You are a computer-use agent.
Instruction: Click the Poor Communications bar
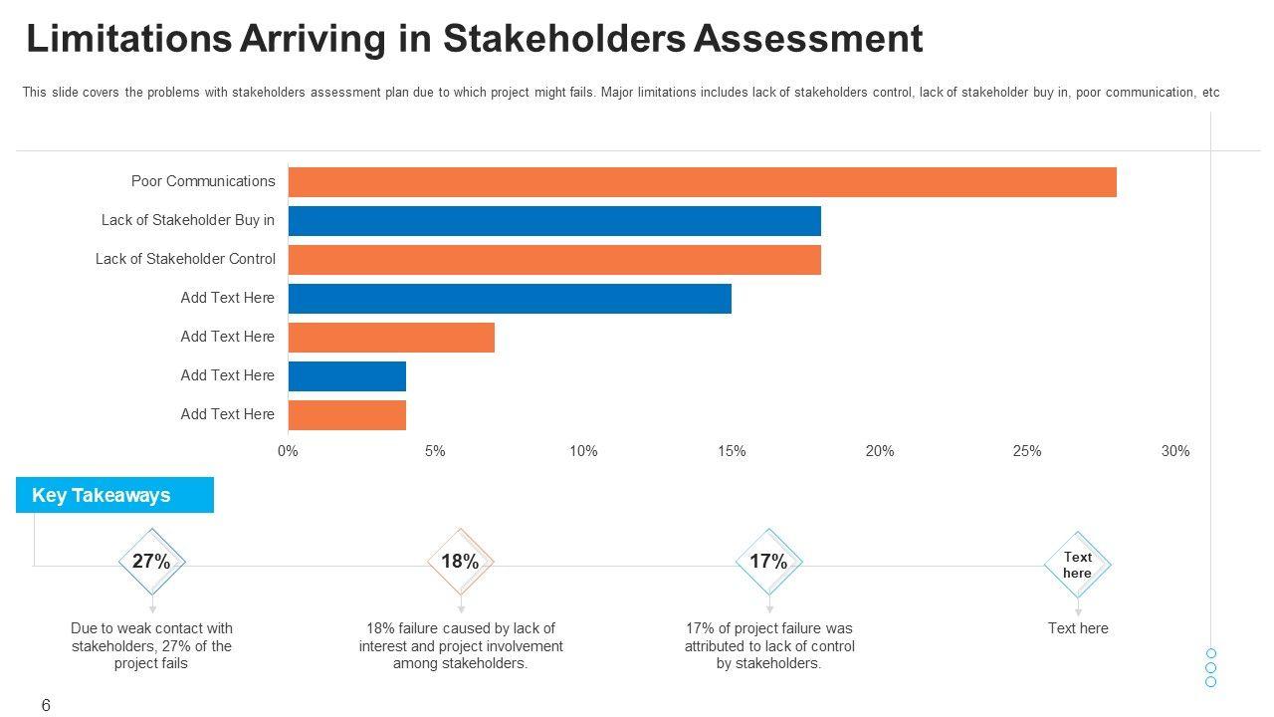point(702,182)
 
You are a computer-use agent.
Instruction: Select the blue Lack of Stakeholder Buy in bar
point(554,221)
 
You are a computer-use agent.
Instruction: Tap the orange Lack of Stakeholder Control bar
point(554,260)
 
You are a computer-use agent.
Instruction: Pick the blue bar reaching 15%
point(510,299)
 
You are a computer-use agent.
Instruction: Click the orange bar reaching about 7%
point(391,338)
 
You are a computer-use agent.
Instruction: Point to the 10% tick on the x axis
point(583,451)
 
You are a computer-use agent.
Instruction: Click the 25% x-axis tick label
point(1027,451)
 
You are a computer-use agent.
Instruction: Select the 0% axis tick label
point(288,451)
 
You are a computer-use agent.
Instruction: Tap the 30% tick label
point(1174,451)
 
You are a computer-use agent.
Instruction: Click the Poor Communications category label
point(203,181)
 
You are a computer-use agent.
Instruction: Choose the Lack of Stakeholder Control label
point(185,259)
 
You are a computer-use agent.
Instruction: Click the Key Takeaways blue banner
point(114,495)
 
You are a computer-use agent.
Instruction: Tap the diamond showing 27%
point(152,562)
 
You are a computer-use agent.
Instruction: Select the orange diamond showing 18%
point(461,562)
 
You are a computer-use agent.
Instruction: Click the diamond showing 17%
point(769,562)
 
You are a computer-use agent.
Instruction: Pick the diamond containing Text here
point(1078,565)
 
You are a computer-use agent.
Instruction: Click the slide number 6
point(46,705)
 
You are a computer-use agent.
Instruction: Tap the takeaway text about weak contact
point(151,645)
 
